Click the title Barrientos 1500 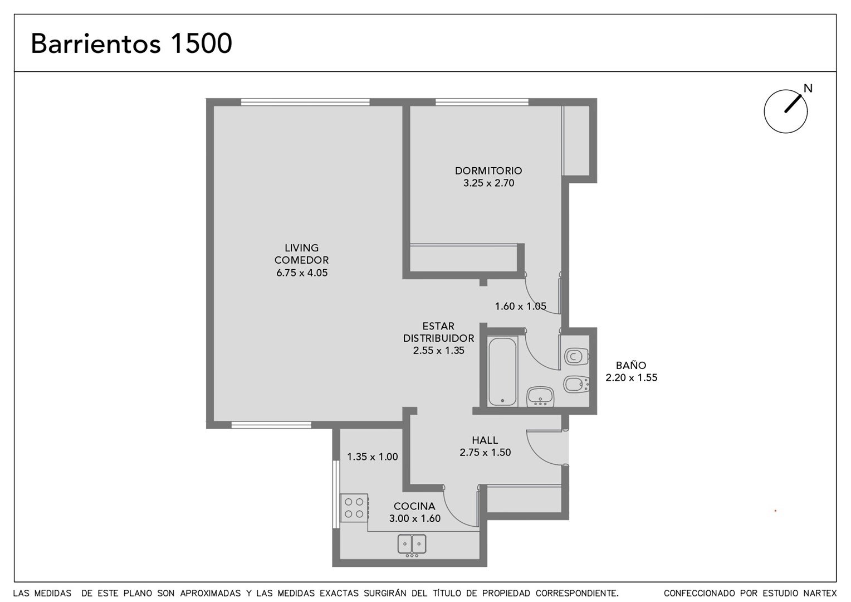click(131, 43)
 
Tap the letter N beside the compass click(808, 89)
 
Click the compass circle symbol click(786, 111)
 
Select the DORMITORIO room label click(488, 171)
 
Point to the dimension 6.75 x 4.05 click(302, 273)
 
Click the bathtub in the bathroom click(502, 371)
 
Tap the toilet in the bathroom click(576, 356)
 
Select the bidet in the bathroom click(576, 385)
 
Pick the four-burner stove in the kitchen click(354, 508)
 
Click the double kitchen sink click(412, 544)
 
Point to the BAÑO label click(631, 366)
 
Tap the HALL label click(485, 440)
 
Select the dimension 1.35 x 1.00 click(372, 457)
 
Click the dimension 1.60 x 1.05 click(521, 306)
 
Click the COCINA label click(414, 506)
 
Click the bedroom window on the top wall click(482, 102)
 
